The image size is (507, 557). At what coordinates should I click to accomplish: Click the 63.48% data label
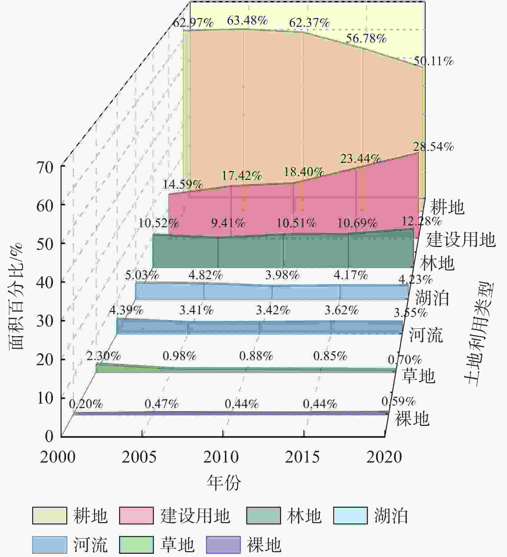coord(247,21)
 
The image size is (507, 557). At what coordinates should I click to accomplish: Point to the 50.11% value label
coord(433,61)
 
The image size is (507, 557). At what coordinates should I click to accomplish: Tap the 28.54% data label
coord(433,147)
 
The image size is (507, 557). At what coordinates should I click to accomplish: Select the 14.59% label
coord(182,184)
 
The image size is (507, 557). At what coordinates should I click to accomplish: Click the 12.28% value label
coord(421,221)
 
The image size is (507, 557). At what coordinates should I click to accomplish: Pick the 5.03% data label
coord(142,275)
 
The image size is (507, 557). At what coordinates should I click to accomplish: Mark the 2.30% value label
coord(104,356)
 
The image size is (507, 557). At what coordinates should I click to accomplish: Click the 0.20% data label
coord(86,404)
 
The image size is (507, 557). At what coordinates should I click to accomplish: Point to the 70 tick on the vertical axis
coord(45,168)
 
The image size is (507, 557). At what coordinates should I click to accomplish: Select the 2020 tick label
coord(384,457)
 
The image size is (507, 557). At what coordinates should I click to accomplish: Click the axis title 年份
coord(223,483)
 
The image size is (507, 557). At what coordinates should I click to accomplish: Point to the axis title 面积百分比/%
coord(16,296)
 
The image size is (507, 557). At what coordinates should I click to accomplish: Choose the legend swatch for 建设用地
coord(136,516)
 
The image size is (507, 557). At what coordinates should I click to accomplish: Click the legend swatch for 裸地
coord(223,544)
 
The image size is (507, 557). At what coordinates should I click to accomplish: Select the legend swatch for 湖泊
coord(350,516)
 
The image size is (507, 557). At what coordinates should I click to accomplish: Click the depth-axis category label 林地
coord(437,263)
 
